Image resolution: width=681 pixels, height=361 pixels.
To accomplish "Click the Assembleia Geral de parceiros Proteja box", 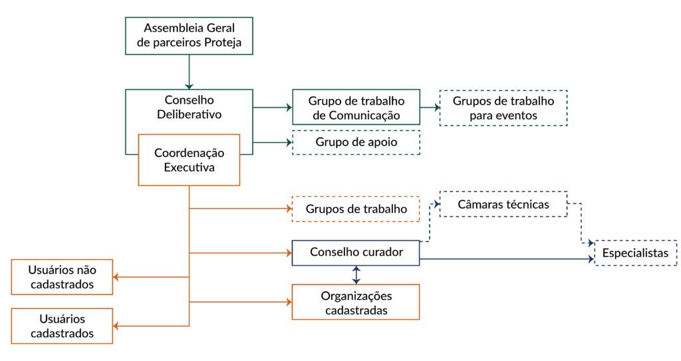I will tap(190, 36).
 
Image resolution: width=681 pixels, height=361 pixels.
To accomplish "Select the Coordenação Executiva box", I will tap(189, 160).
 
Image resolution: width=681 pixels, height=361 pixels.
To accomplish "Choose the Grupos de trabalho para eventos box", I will tap(503, 108).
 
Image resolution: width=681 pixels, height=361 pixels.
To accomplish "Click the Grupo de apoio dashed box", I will tap(356, 142).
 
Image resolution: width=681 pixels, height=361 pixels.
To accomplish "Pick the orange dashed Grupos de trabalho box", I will tap(356, 209).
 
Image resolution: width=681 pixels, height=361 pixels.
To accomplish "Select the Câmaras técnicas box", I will tap(503, 204).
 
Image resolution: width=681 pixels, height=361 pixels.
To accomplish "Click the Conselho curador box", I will tap(356, 253).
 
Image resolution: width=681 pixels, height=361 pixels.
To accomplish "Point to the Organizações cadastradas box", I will tap(356, 302).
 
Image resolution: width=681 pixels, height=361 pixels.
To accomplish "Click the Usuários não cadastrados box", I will tap(62, 277).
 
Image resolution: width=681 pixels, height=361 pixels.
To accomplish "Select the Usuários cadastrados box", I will tap(62, 326).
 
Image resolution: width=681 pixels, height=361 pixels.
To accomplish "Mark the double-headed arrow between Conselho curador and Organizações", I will tap(356, 275).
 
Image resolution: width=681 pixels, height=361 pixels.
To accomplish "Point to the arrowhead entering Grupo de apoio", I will tap(287, 142).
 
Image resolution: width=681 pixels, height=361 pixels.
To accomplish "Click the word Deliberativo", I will tap(189, 114).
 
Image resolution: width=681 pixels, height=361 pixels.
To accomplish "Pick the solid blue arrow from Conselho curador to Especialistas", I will tap(505, 259).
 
